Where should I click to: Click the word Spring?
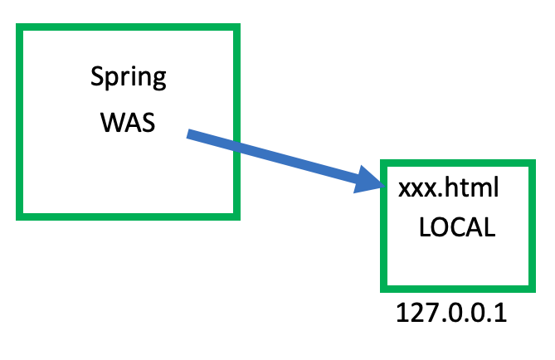tap(128, 80)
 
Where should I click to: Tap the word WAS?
tap(129, 122)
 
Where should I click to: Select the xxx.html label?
tap(449, 188)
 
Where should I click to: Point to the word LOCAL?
tap(457, 229)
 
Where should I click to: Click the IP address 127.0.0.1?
tap(451, 314)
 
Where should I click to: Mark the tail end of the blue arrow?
tap(190, 134)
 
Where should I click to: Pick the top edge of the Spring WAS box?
tap(129, 27)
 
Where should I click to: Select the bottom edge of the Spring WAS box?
tap(129, 216)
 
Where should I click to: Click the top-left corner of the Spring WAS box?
tap(19, 27)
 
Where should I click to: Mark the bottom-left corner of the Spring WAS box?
tap(19, 216)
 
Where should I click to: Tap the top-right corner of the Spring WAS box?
tap(237, 27)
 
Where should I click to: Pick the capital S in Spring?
tap(96, 78)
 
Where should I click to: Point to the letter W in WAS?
tap(110, 122)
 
